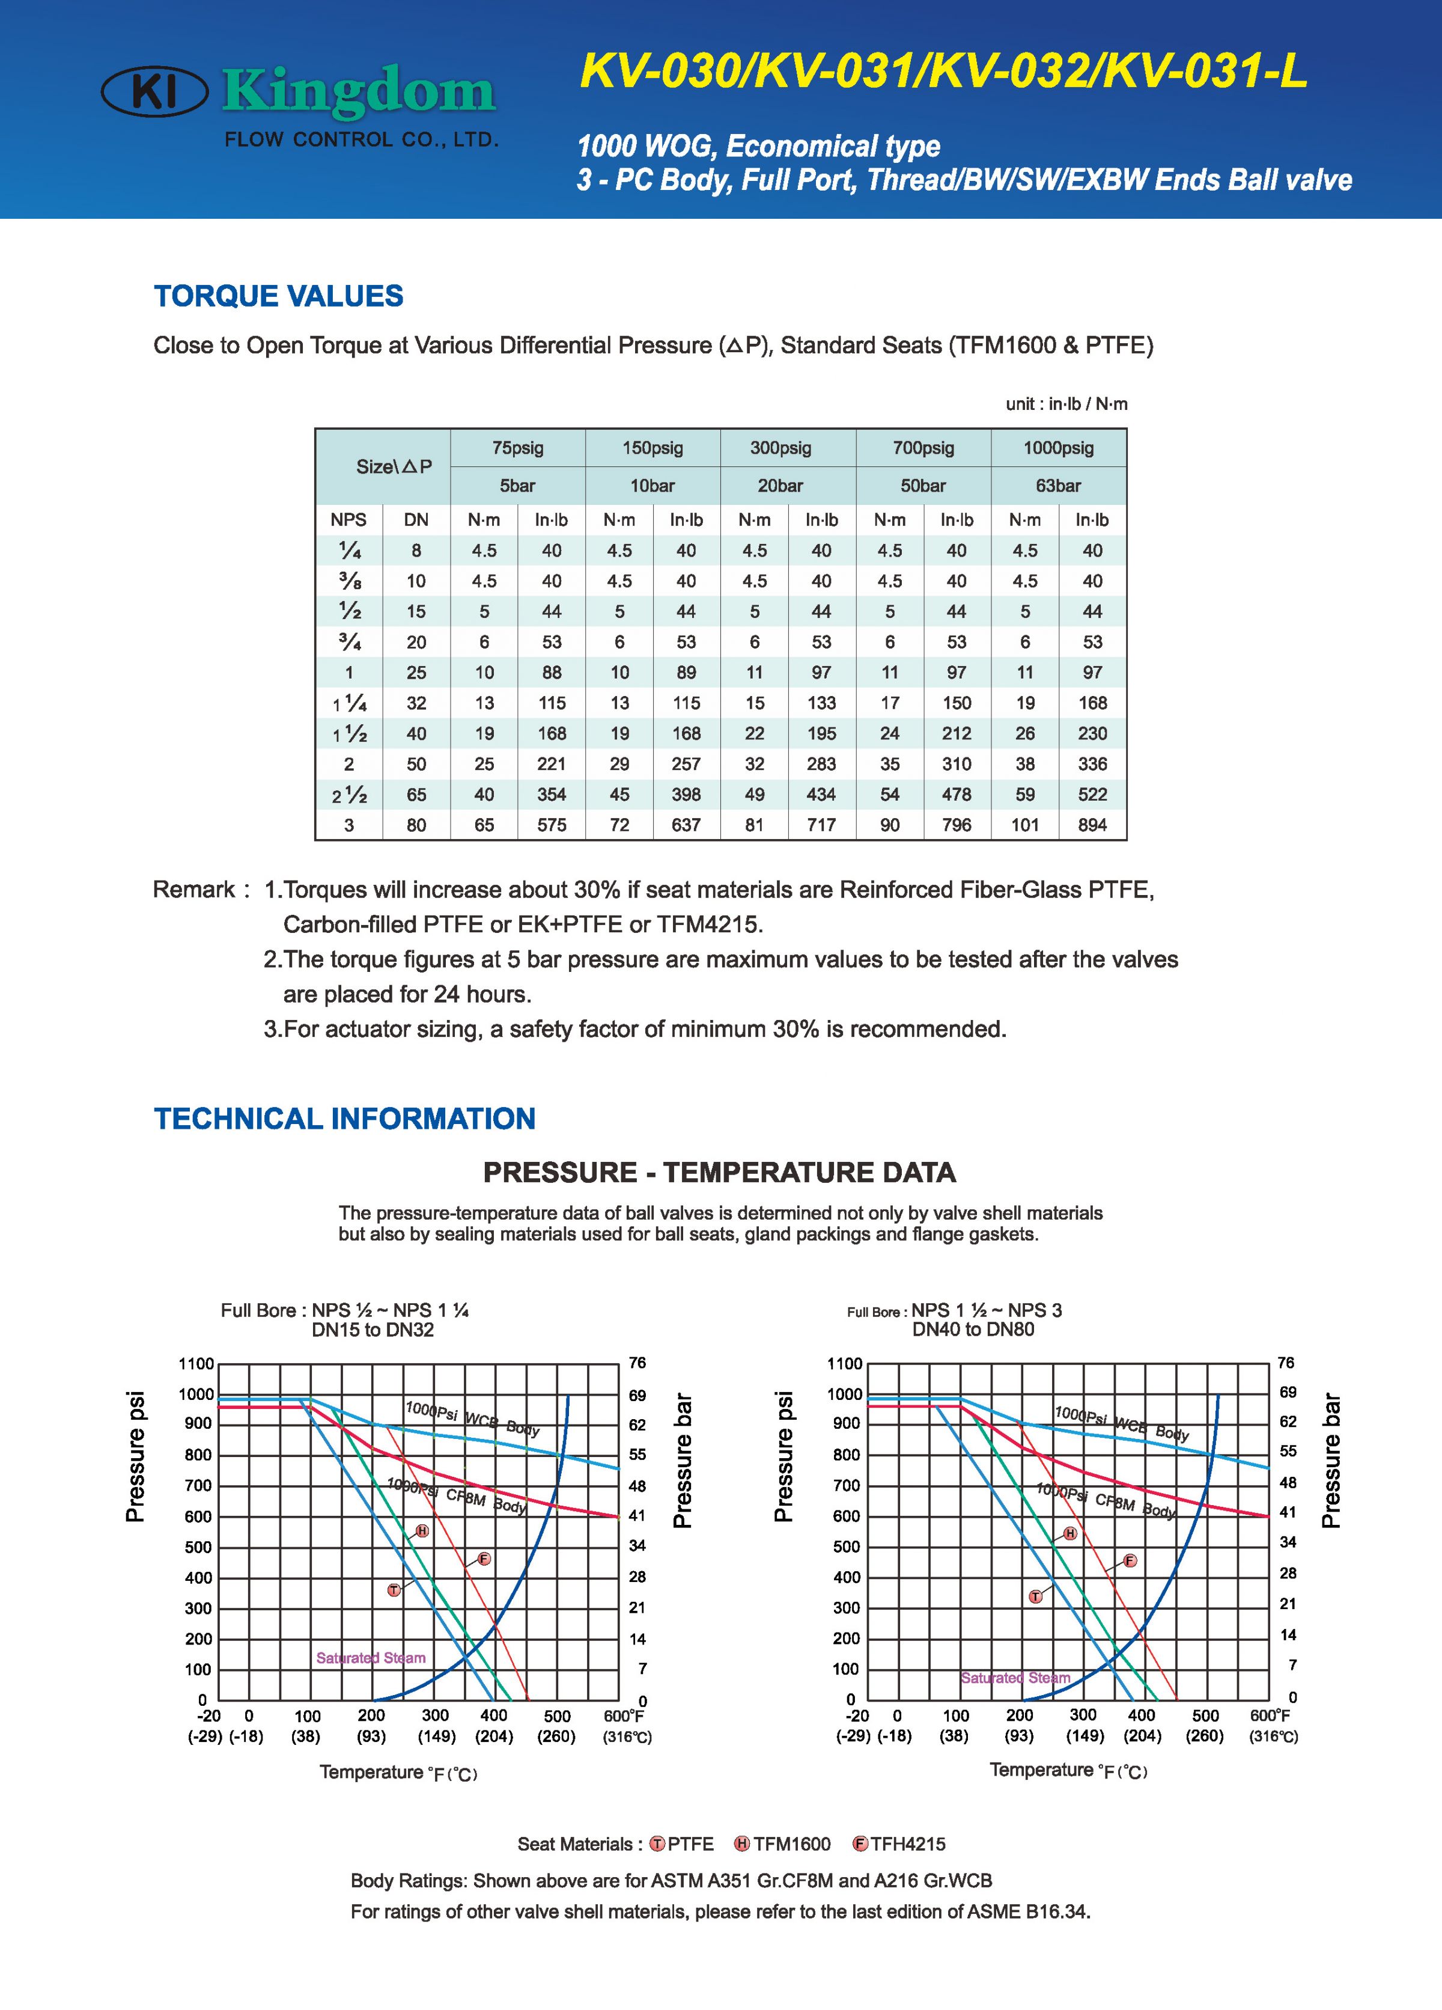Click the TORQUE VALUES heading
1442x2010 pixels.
coord(278,296)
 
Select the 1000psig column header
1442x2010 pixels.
coord(1059,448)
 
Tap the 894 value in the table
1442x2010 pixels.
coord(1092,825)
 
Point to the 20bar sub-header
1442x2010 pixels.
coord(780,486)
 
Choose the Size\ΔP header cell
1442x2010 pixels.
coord(394,467)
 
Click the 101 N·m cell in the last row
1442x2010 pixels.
coord(1025,825)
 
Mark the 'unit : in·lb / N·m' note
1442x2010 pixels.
coord(1066,404)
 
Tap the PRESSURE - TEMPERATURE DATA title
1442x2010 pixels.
coord(719,1173)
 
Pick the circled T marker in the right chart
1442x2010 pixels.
coord(1035,1596)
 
